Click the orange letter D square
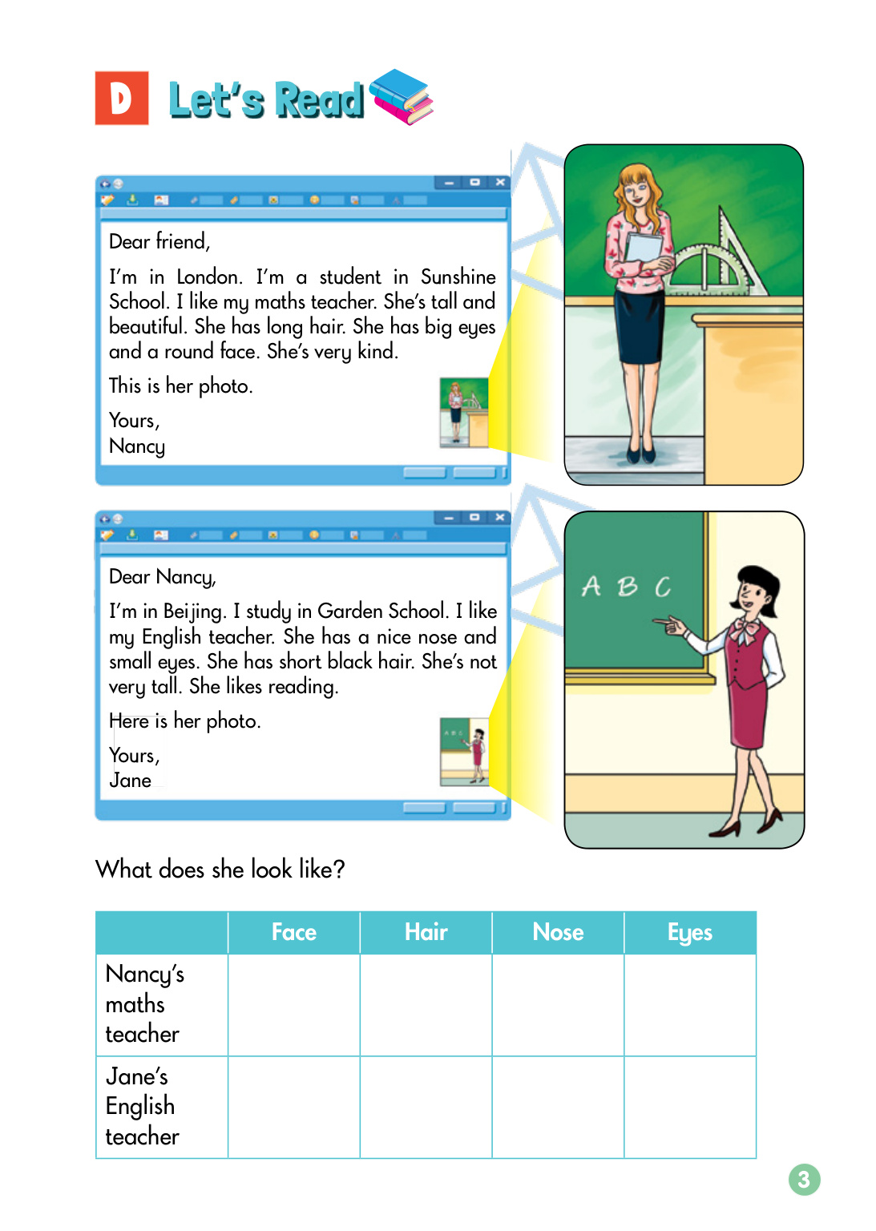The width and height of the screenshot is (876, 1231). point(121,98)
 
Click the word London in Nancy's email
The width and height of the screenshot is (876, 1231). point(208,277)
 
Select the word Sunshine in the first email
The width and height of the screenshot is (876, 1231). point(458,277)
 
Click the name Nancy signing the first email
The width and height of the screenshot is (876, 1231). point(137,446)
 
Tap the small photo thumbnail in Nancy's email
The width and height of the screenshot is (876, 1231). point(463,412)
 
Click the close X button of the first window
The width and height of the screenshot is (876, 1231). point(500,183)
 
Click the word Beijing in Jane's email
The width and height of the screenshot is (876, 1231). point(193,611)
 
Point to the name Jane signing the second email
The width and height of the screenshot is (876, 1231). point(130,781)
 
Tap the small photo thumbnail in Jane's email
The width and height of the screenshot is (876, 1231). point(464,751)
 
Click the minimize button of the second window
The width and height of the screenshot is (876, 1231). point(449,518)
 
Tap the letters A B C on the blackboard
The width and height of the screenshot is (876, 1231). point(626,587)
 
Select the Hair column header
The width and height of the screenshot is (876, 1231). point(426,932)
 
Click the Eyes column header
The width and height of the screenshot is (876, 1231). point(689,932)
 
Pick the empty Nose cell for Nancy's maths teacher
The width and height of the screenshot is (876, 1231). point(558,1004)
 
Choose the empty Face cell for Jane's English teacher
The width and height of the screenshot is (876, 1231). point(293,1107)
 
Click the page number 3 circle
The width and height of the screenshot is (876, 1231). point(804,1179)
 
